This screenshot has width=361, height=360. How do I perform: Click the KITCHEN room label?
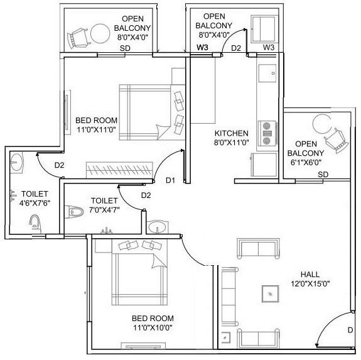click(x=232, y=133)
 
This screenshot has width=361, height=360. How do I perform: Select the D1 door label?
click(x=170, y=181)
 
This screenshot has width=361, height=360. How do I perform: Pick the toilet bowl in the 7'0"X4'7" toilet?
click(x=75, y=212)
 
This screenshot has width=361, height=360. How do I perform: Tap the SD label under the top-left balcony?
click(x=125, y=48)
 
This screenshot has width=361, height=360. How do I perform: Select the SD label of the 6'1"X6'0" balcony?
click(x=323, y=174)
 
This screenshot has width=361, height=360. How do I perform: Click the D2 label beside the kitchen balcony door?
click(x=236, y=48)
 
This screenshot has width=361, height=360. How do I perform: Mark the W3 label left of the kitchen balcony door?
click(x=202, y=48)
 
